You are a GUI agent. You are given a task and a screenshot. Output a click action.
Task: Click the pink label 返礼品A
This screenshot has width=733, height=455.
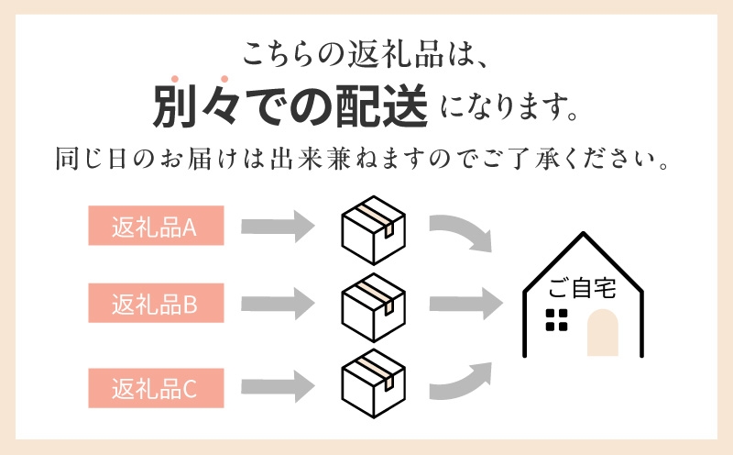tap(155, 226)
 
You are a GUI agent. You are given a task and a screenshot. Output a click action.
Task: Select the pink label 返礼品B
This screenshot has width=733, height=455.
tap(155, 303)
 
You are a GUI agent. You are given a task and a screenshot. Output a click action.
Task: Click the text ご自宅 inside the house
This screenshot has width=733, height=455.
tap(582, 288)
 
